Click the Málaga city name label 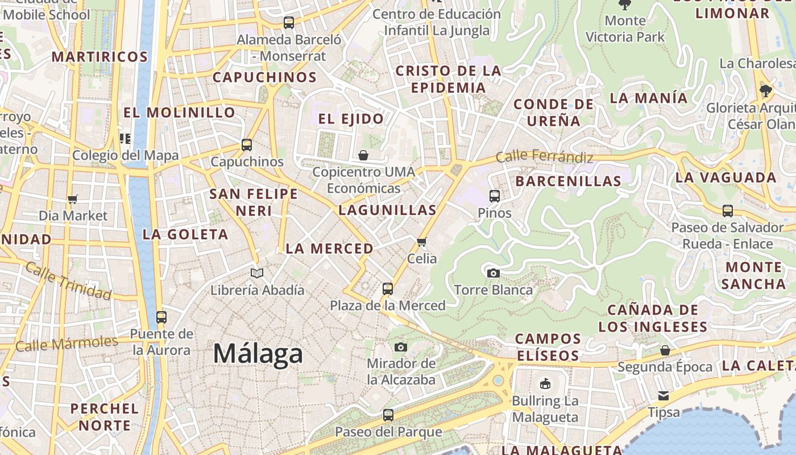coord(258,354)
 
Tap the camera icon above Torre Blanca coord(494,273)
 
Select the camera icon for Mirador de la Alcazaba coord(401,347)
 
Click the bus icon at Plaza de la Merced coord(388,289)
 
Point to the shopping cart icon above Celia coord(422,242)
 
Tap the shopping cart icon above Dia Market coord(73,199)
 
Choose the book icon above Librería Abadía coord(257,274)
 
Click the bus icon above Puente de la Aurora coord(161,317)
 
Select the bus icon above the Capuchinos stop coord(247,145)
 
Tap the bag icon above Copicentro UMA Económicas coord(363,155)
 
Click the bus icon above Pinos coord(495,196)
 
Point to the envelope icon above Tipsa coord(664,395)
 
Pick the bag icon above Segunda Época coord(665,350)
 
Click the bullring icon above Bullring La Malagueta coord(545,384)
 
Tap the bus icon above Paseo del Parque coord(388,415)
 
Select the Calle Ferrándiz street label coord(544,156)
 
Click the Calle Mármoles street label coord(67,344)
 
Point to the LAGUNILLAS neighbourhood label coord(387,210)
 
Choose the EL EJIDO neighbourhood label coord(351,119)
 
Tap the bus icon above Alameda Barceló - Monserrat coord(289,23)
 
